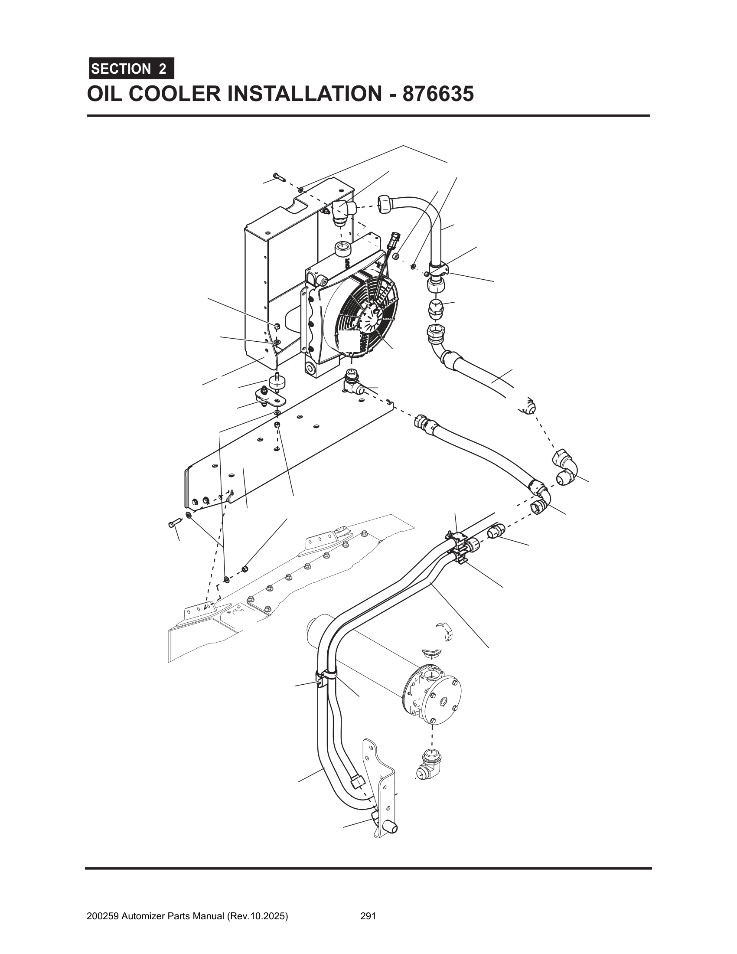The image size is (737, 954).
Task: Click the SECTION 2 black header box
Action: coord(131,69)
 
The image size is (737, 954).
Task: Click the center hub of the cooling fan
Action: coord(369,315)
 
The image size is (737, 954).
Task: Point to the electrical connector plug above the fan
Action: coord(391,239)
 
